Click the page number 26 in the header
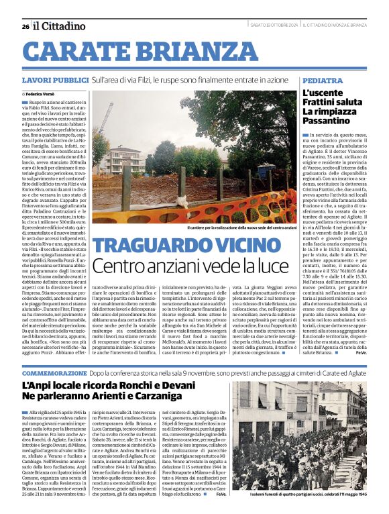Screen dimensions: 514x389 click(25, 27)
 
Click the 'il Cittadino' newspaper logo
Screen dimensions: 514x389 click(60, 26)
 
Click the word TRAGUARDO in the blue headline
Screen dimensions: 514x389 click(148, 246)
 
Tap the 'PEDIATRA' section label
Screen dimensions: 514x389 click(318, 80)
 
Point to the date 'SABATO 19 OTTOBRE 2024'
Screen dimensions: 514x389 click(274, 25)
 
